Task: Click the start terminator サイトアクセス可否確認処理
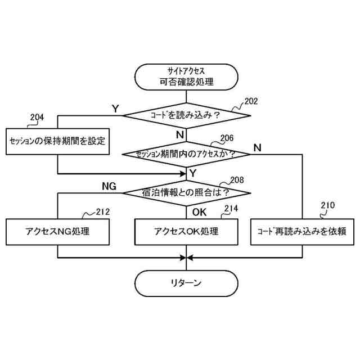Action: click(186, 77)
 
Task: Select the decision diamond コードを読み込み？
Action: click(186, 115)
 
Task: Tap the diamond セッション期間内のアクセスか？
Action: click(186, 153)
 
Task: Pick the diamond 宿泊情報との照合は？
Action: click(186, 192)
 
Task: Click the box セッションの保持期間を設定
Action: click(57, 141)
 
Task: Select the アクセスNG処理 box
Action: click(57, 231)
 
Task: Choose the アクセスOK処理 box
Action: click(186, 231)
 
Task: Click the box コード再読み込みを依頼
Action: click(301, 231)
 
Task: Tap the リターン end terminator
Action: click(186, 283)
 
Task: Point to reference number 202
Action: click(251, 102)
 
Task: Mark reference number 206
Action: click(227, 137)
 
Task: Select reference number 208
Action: click(237, 180)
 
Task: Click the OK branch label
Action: click(200, 211)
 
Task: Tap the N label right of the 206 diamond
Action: click(257, 147)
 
